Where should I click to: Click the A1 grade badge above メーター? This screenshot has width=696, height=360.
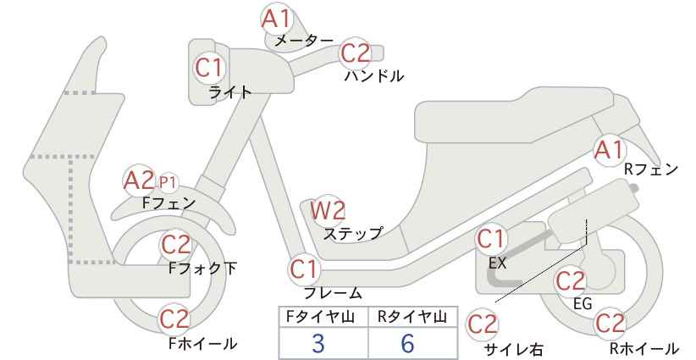(x=276, y=19)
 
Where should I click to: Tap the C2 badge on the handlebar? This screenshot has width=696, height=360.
(x=356, y=53)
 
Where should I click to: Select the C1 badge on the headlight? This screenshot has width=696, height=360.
(x=208, y=68)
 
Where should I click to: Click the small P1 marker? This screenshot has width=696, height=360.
(x=168, y=182)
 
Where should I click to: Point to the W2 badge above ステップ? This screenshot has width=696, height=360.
(x=328, y=210)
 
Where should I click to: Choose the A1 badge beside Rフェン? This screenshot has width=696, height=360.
(x=609, y=150)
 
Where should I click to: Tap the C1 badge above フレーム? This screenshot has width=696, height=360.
(x=305, y=269)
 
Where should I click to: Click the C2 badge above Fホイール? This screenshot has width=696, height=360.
(x=175, y=318)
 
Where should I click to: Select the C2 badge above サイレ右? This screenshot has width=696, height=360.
(x=483, y=324)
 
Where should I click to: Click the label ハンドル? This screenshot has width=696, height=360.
(x=374, y=76)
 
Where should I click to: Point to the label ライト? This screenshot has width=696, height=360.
(x=230, y=92)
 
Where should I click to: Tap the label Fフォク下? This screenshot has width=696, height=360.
(x=203, y=268)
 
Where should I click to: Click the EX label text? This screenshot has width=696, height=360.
(x=497, y=263)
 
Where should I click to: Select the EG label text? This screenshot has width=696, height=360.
(x=583, y=303)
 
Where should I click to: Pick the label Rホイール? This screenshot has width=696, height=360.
(x=644, y=348)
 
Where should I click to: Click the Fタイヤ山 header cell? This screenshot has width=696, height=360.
(x=323, y=317)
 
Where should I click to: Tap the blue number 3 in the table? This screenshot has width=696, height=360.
(x=318, y=343)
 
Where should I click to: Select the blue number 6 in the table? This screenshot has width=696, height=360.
(x=407, y=343)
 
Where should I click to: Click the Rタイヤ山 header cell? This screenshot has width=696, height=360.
(x=413, y=317)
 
